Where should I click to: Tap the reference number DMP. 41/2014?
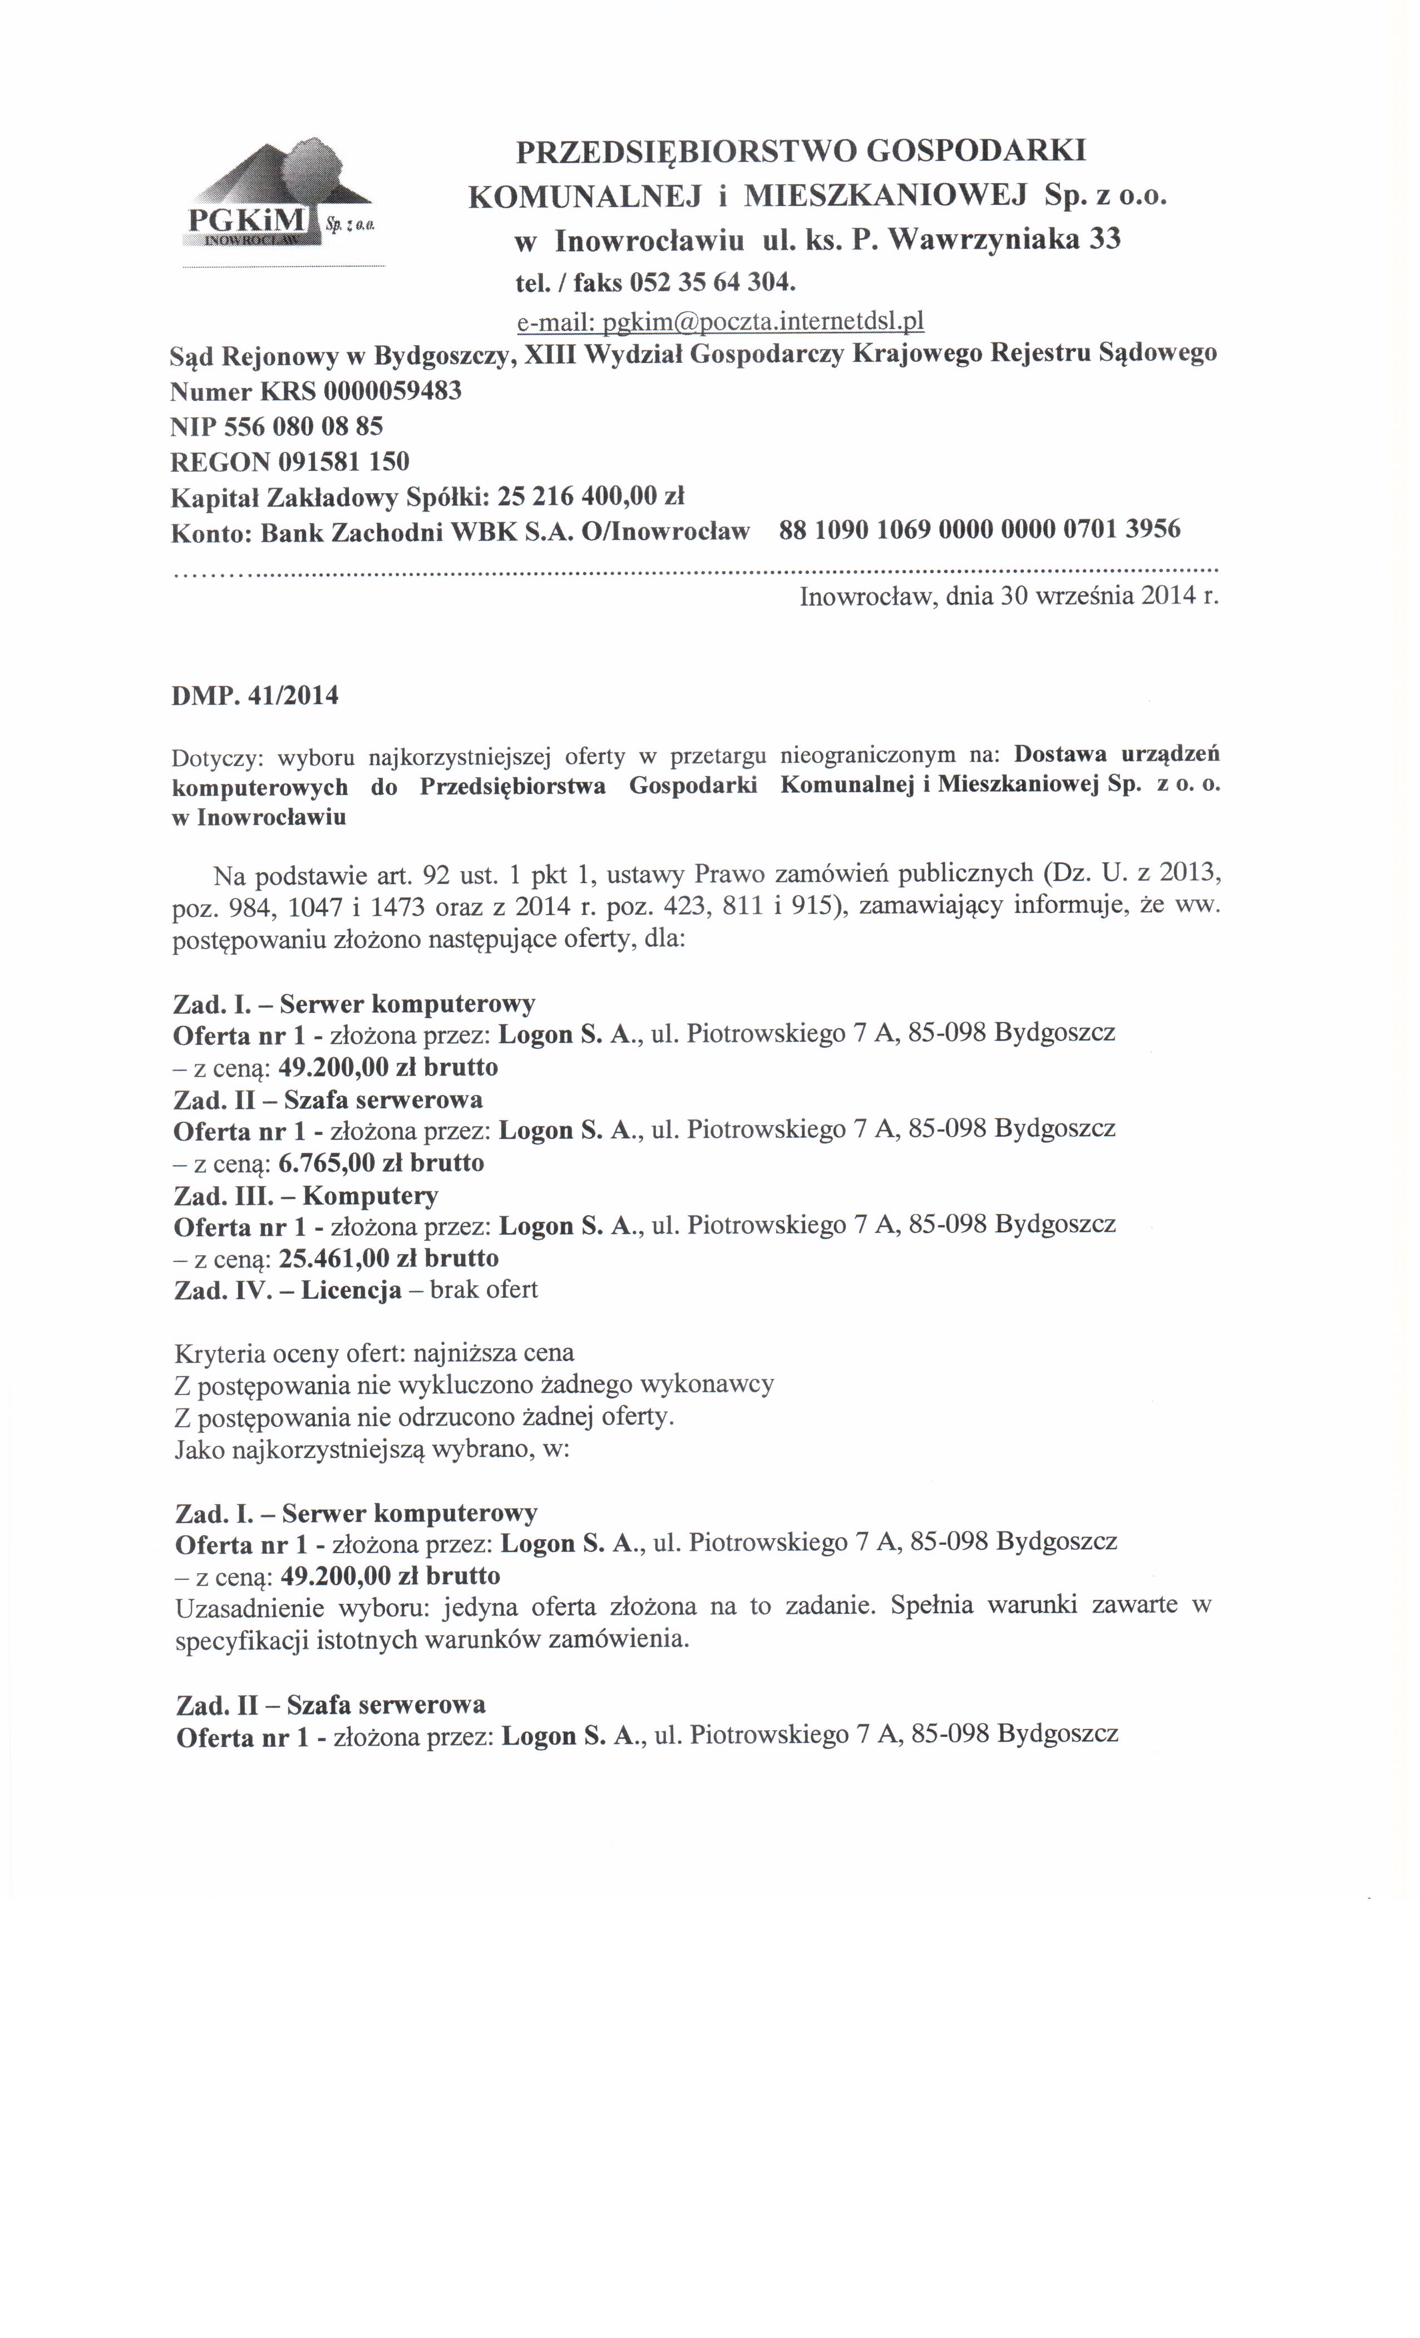coord(254,695)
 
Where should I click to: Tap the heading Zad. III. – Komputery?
coord(305,1195)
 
